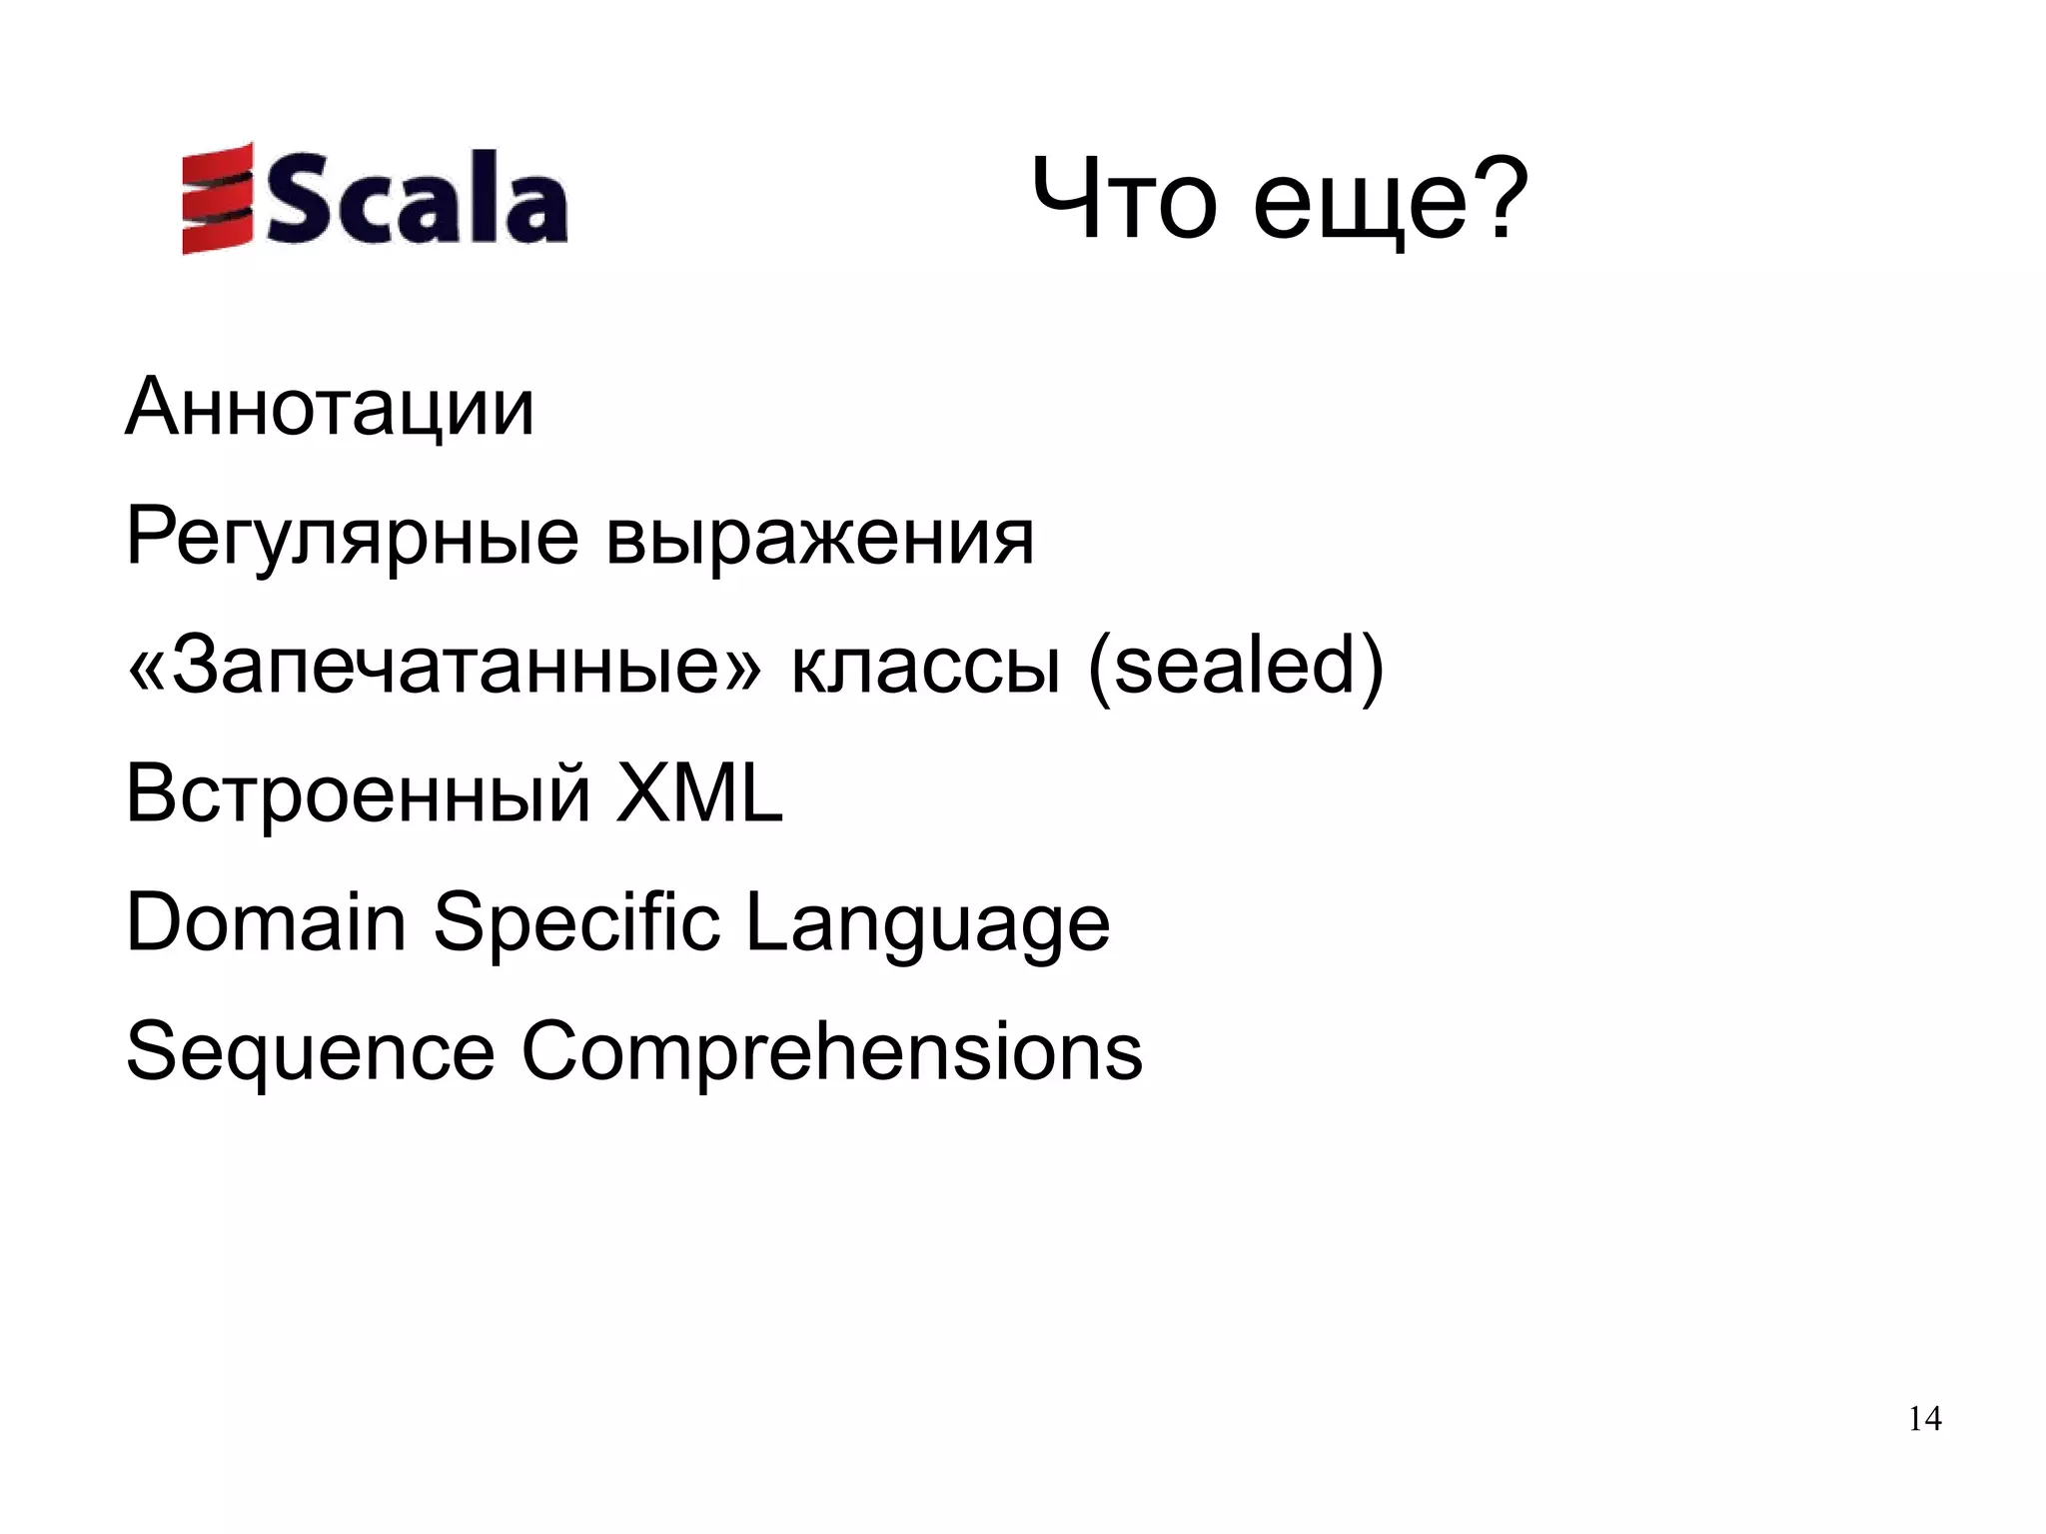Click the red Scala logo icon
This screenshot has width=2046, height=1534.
[x=216, y=197]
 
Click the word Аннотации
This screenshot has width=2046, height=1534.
[x=330, y=408]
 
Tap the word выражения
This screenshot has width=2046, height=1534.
[x=819, y=538]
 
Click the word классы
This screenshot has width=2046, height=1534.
[x=924, y=668]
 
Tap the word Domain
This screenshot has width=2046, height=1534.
[x=266, y=922]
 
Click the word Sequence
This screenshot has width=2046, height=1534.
[x=310, y=1052]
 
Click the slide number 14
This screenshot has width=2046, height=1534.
[x=1924, y=1419]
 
